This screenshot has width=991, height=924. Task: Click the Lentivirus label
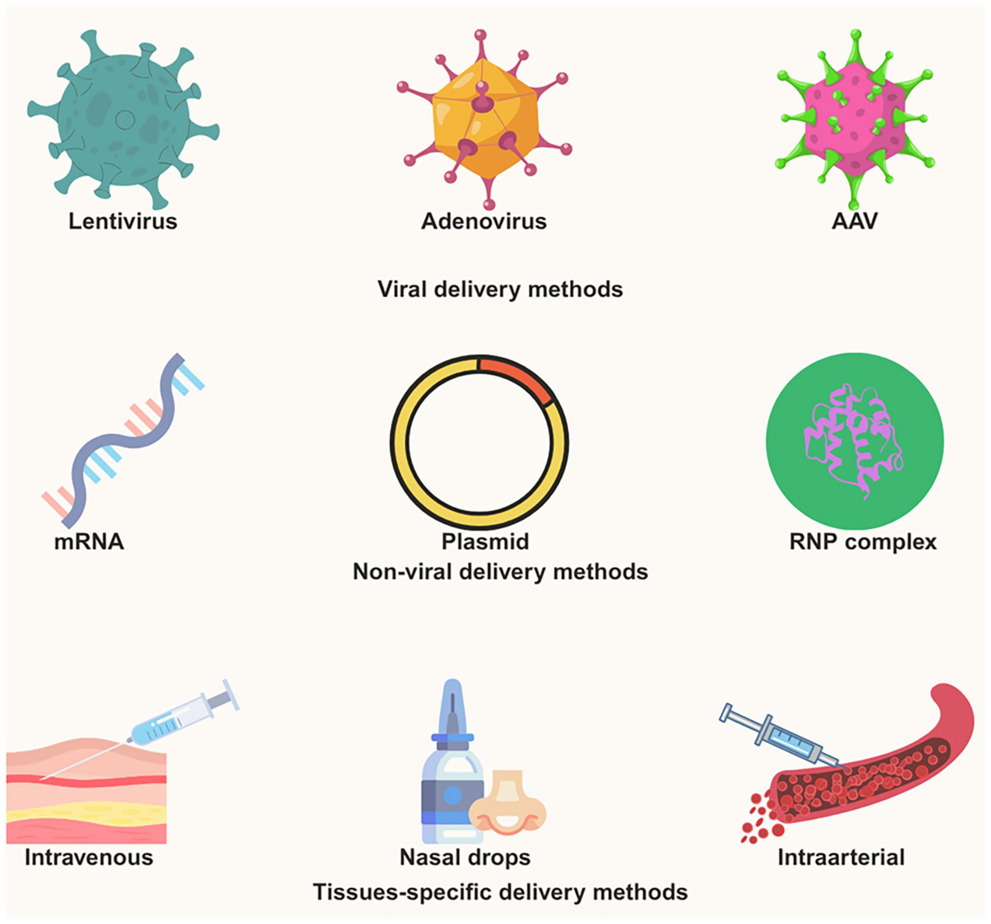[123, 221]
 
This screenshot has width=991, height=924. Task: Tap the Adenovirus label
[484, 221]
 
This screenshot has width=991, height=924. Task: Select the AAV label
[854, 221]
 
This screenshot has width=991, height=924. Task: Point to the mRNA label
[89, 541]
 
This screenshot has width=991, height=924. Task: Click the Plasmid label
[485, 541]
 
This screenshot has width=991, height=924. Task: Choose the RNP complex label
[863, 541]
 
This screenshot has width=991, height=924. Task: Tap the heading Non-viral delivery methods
[500, 572]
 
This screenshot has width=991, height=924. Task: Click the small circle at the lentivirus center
[125, 119]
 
